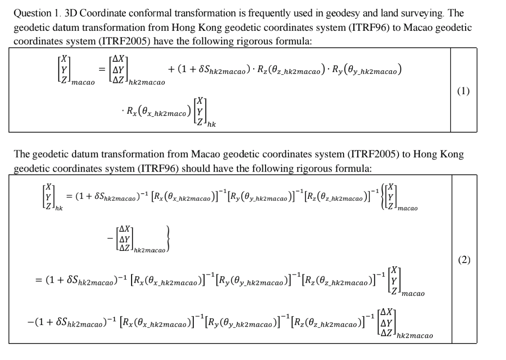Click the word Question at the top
(x=33, y=14)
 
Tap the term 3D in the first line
(x=71, y=14)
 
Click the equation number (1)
(x=463, y=91)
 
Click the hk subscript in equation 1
(x=212, y=124)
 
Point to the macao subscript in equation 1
(x=83, y=82)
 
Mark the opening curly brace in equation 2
(x=382, y=197)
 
